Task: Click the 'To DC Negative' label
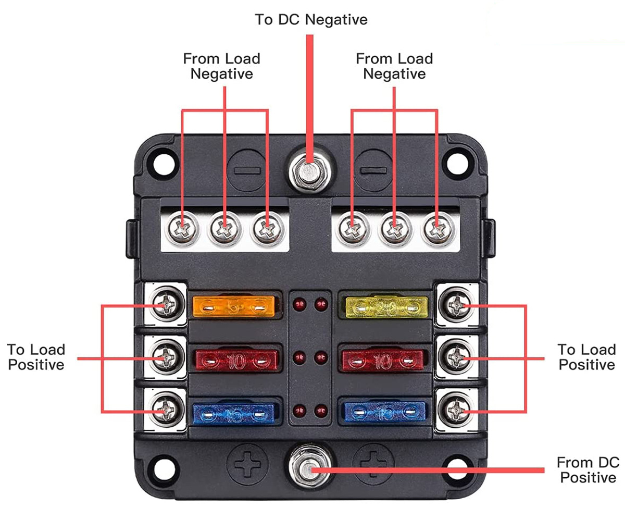(x=311, y=20)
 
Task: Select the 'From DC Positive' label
(x=587, y=470)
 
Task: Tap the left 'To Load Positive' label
(x=36, y=357)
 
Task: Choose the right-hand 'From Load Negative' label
(x=394, y=66)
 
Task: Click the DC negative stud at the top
(x=307, y=171)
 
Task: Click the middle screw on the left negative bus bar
(x=224, y=228)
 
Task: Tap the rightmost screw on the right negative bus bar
(x=436, y=228)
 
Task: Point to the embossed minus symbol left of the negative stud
(x=246, y=170)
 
